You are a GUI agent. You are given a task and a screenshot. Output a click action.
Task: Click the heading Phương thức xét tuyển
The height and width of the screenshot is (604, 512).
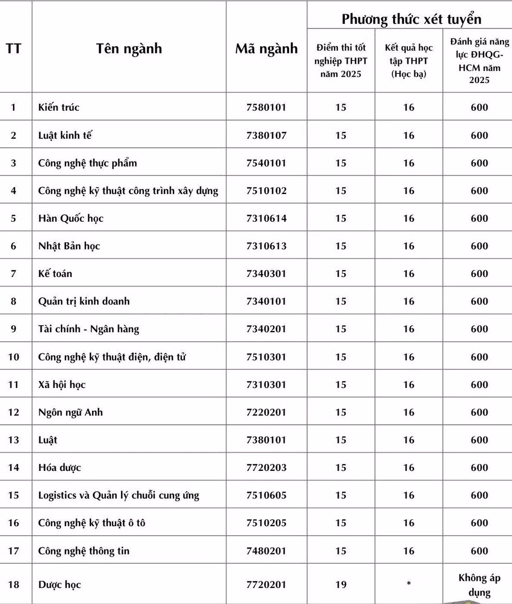[411, 19]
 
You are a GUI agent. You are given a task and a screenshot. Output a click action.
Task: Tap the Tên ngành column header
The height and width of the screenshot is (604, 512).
[129, 48]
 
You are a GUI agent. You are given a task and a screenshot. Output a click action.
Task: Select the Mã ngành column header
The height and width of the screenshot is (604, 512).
[266, 48]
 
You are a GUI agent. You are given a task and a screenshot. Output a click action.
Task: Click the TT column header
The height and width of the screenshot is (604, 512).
[14, 48]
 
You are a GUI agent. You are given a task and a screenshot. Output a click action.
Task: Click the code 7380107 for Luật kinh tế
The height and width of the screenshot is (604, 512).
[266, 135]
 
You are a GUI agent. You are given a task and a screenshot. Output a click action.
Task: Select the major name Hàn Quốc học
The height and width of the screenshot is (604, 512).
[71, 218]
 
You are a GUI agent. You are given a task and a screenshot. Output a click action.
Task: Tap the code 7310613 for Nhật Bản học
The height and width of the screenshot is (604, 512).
[266, 246]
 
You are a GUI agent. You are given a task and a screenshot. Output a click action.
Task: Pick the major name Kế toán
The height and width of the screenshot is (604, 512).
[55, 274]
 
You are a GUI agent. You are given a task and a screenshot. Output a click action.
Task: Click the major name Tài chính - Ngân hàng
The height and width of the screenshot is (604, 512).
[88, 329]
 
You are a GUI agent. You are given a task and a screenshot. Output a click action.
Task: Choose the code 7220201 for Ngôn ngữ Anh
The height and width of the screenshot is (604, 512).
[266, 412]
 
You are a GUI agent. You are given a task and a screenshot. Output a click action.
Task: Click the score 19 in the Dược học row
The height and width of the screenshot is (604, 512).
[341, 584]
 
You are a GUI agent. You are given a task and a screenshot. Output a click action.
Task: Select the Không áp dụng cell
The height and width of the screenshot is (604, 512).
[479, 585]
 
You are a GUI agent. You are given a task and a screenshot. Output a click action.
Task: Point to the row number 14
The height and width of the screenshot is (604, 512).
[14, 468]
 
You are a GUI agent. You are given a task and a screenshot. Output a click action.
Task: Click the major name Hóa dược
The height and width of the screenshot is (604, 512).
[59, 468]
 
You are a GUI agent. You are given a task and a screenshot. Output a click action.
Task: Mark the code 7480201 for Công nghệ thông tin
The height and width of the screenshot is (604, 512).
[266, 551]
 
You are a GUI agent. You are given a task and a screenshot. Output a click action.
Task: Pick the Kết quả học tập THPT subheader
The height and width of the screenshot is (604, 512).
[408, 61]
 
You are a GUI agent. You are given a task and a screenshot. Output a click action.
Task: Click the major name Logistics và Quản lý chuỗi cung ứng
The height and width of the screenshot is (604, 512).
[118, 495]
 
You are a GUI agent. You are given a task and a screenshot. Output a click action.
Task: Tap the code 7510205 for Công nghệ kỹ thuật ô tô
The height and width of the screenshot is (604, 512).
[266, 523]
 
